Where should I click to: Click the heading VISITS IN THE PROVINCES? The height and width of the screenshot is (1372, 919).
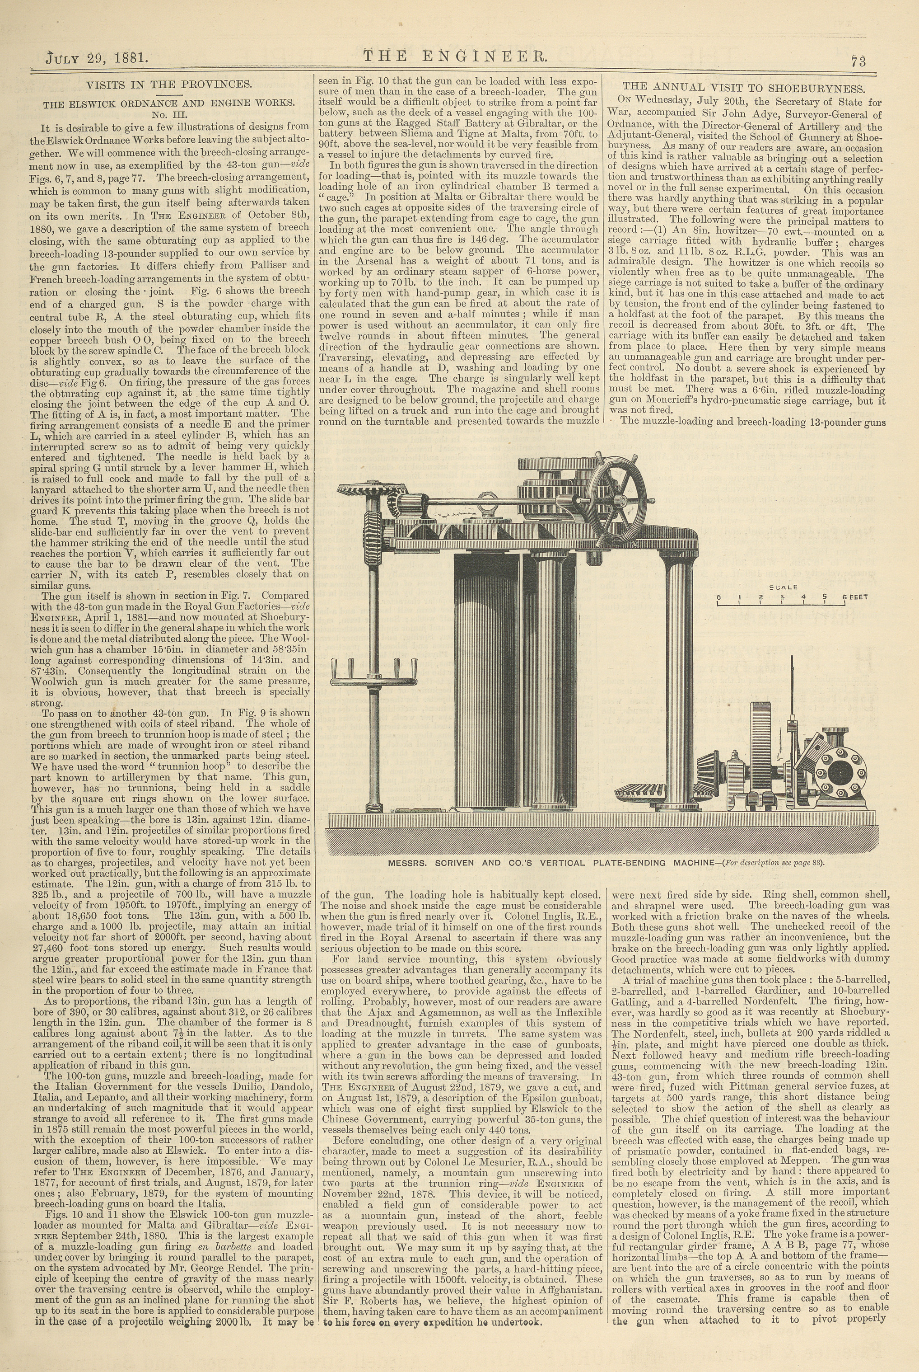coord(169,84)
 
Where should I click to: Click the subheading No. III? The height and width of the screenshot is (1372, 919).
coord(169,115)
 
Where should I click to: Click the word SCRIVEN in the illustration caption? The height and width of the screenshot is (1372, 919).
coord(459,863)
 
